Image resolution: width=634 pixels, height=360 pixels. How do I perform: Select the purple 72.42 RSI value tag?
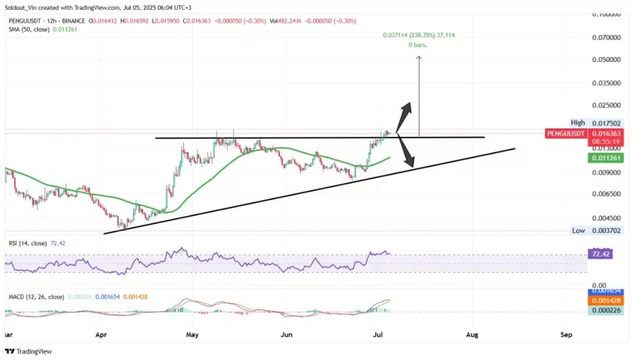pyautogui.click(x=599, y=254)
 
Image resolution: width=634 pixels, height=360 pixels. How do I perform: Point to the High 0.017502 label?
pyautogui.click(x=586, y=123)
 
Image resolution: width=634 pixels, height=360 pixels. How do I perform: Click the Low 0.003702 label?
pyautogui.click(x=587, y=230)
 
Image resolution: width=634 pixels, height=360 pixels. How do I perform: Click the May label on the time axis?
pyautogui.click(x=193, y=335)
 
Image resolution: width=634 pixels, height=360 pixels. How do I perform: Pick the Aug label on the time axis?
pyautogui.click(x=472, y=335)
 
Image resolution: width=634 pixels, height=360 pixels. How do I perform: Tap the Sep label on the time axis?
pyautogui.click(x=566, y=335)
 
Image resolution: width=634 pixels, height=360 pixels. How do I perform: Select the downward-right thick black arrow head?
pyautogui.click(x=408, y=163)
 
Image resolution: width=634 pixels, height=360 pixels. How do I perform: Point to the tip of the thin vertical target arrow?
pyautogui.click(x=419, y=57)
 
